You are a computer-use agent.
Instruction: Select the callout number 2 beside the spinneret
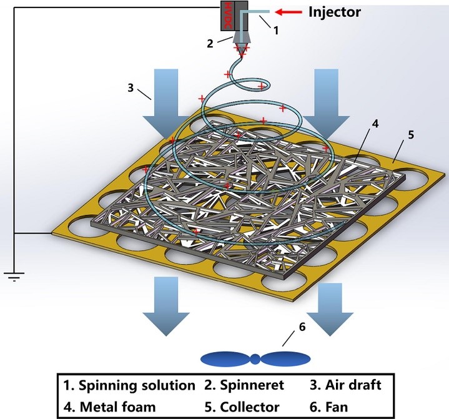210,43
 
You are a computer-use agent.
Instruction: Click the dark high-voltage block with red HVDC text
227,15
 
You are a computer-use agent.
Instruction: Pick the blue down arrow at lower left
167,308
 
